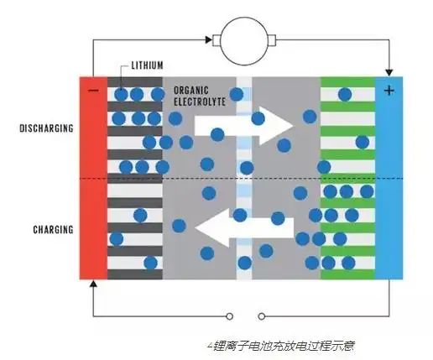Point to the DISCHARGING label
(46, 128)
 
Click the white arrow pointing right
(243, 124)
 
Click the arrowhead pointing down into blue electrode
(389, 71)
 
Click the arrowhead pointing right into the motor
(209, 39)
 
